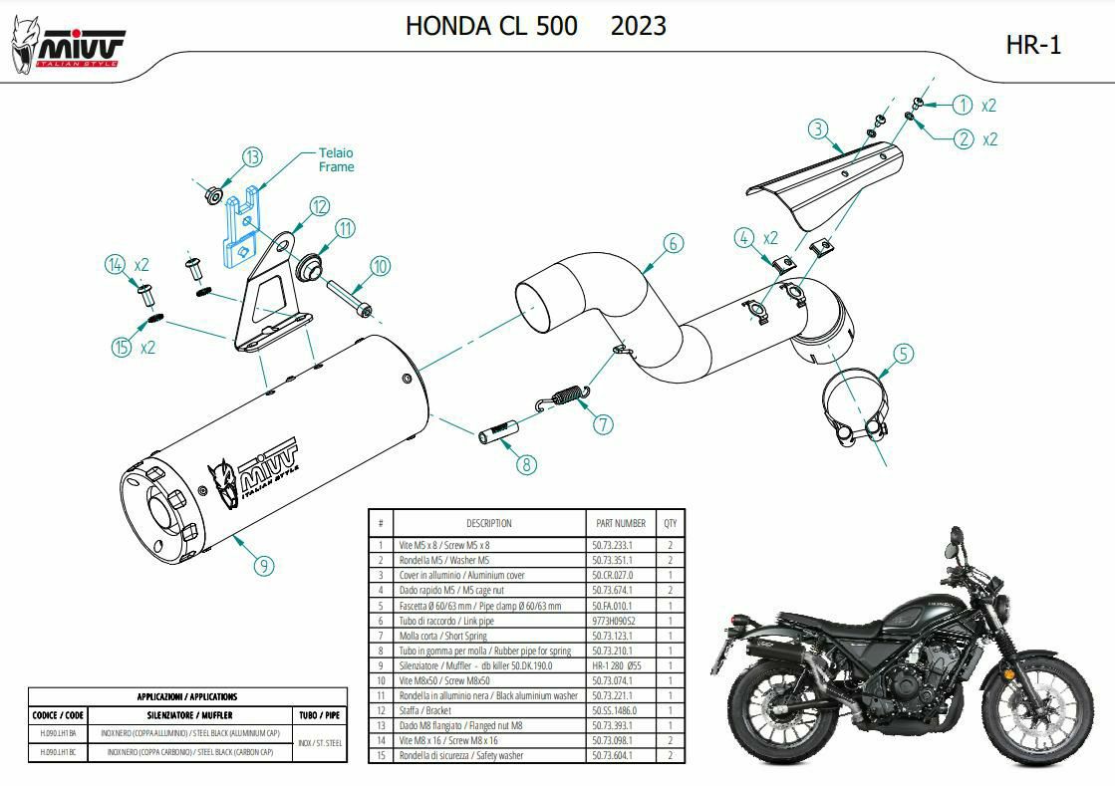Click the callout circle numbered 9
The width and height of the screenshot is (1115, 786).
point(263,566)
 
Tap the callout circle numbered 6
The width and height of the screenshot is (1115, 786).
point(673,243)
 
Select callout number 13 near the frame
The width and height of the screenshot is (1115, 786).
point(252,156)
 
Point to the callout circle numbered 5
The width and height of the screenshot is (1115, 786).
point(903,353)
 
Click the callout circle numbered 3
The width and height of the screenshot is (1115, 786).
point(817,129)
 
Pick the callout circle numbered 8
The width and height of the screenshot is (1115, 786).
point(526,463)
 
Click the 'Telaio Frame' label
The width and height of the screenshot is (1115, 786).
point(336,160)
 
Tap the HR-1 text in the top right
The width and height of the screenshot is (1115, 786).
point(1032,45)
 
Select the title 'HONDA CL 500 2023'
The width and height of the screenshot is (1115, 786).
point(535,26)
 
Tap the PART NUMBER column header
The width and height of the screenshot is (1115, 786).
point(621,523)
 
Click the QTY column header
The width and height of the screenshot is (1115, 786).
point(670,523)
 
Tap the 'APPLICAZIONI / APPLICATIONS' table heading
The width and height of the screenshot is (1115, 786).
point(187,696)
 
